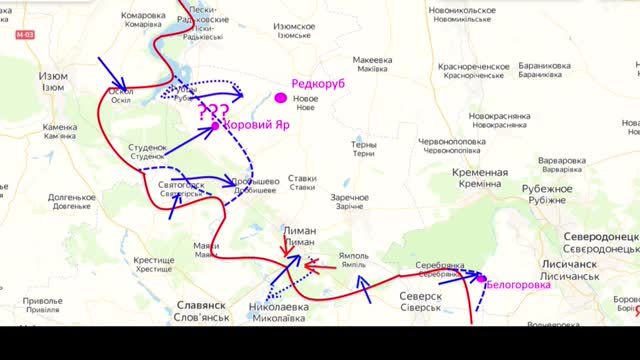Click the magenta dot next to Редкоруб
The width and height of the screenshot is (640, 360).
point(281,98)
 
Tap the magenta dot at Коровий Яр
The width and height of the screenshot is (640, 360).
point(215,126)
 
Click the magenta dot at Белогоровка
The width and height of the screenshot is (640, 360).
point(481,278)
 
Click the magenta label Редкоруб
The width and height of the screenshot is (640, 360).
point(318,85)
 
